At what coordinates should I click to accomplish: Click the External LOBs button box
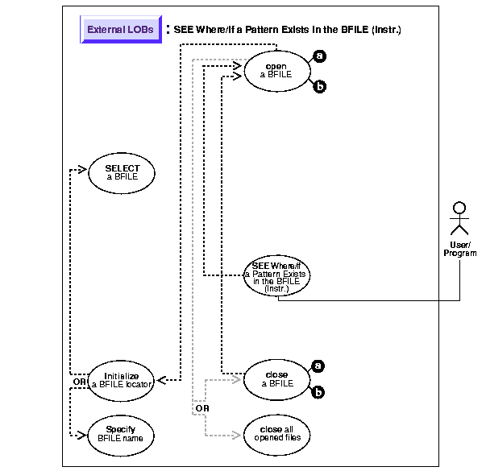(x=121, y=30)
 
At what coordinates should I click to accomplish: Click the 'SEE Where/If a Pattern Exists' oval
(x=276, y=275)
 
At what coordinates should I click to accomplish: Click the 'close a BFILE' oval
(x=276, y=379)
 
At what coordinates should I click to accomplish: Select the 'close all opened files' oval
(x=276, y=433)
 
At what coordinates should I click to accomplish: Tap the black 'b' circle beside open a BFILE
(x=320, y=86)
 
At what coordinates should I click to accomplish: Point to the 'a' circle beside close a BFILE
(x=319, y=366)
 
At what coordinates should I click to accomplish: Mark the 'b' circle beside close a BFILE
(x=319, y=394)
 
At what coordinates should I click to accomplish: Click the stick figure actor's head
(x=459, y=208)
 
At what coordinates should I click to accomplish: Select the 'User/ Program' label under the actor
(x=459, y=249)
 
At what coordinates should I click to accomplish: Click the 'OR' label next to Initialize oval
(x=79, y=381)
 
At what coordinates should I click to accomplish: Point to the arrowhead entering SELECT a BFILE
(x=81, y=169)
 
